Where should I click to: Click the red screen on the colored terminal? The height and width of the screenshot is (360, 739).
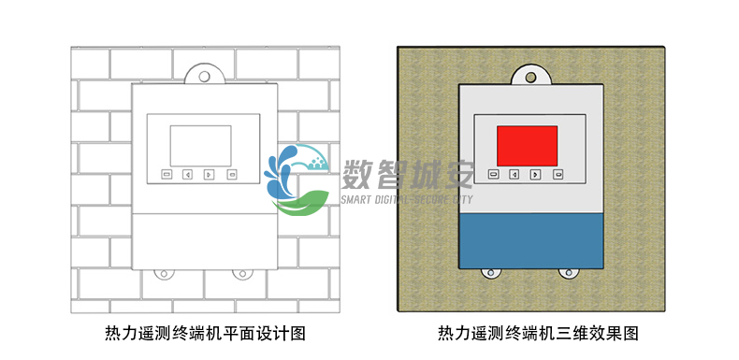point(527,144)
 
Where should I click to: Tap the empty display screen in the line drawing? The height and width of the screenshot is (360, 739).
point(200,144)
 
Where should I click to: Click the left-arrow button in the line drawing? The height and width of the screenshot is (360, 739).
point(187,174)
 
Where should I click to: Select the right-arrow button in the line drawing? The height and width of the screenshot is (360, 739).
point(209,174)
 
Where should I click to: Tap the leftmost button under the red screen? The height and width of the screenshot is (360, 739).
point(493,174)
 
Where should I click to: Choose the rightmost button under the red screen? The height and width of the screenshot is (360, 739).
point(558,174)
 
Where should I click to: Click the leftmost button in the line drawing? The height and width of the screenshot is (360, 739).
point(166,174)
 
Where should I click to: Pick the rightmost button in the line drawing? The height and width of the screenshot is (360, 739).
point(231,174)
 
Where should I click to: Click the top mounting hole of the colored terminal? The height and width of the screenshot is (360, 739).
point(529,77)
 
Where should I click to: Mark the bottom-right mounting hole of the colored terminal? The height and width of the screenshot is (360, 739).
point(567,273)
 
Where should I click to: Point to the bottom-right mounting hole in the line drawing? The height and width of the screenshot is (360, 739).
point(242,275)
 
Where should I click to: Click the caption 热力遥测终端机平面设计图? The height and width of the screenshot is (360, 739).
point(205,333)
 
